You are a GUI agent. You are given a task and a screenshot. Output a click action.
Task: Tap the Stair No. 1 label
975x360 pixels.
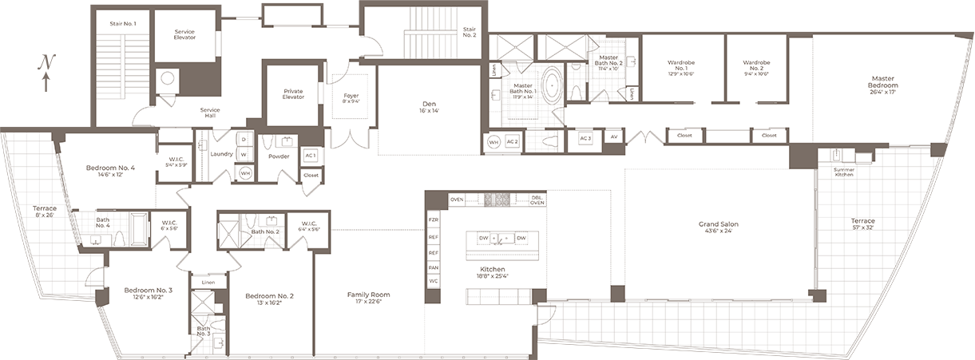(x=123, y=24)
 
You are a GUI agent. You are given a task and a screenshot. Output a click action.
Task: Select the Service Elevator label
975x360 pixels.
(x=184, y=34)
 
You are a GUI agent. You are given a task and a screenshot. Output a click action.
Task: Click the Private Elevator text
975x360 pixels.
(x=293, y=94)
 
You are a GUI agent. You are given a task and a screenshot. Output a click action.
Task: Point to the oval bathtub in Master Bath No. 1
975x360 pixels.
(x=552, y=85)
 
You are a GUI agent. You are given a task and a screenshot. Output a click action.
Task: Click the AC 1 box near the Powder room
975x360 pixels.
(x=311, y=155)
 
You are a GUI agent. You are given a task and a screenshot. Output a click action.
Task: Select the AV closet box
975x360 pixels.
(x=614, y=137)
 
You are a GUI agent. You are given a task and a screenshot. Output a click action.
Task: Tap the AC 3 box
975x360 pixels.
(x=585, y=137)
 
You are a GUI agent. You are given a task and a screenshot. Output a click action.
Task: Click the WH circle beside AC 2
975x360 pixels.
(x=493, y=142)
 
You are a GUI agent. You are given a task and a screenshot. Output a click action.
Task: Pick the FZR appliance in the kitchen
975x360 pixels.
(x=434, y=219)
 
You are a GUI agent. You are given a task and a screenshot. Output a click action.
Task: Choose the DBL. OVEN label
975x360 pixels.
(x=537, y=200)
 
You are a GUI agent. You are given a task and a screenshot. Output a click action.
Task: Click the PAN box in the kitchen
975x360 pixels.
(x=434, y=267)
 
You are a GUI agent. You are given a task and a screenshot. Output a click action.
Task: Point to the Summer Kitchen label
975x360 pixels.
(x=843, y=171)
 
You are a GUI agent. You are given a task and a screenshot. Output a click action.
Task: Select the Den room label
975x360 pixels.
(x=428, y=107)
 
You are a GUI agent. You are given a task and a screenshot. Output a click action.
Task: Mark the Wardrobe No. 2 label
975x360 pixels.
(x=755, y=65)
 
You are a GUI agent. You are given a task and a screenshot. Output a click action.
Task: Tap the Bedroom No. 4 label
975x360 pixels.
(x=110, y=171)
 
